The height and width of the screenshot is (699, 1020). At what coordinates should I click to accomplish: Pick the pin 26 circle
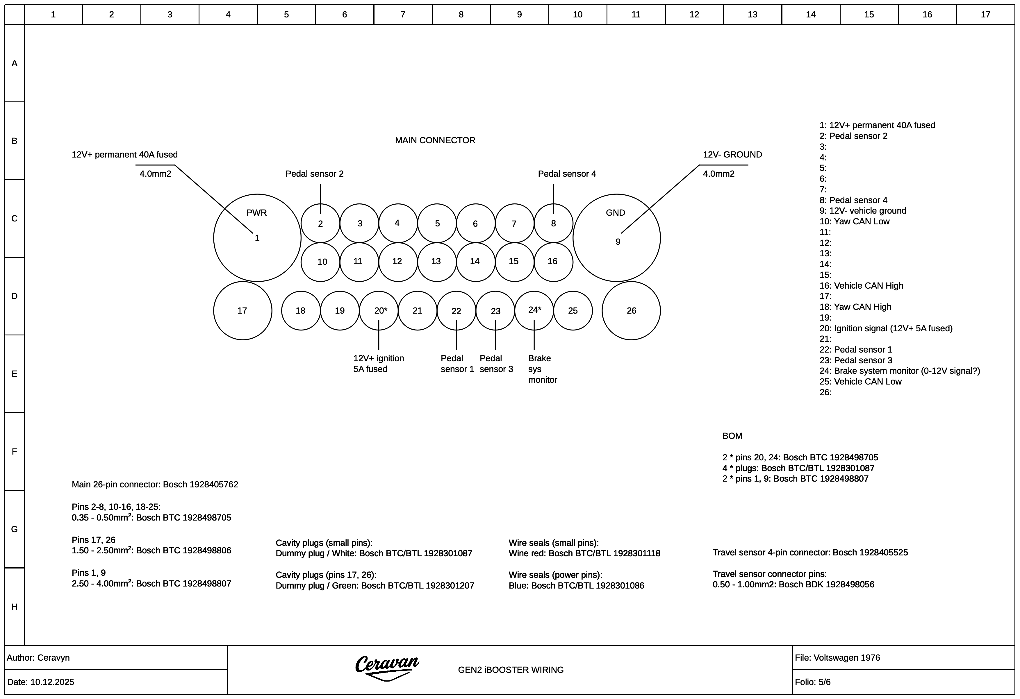(631, 311)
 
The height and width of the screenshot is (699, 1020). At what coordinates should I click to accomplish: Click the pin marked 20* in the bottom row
(379, 311)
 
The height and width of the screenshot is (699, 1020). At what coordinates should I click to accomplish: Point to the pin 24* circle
(534, 311)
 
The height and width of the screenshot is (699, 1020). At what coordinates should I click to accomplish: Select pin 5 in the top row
(437, 223)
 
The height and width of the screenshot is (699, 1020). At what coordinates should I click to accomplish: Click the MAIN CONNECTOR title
(435, 140)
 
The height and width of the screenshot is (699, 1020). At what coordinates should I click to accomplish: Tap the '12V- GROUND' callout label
(732, 154)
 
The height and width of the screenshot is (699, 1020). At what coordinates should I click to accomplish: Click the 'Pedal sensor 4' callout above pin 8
(567, 174)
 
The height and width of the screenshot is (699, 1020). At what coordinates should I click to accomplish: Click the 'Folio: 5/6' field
(812, 682)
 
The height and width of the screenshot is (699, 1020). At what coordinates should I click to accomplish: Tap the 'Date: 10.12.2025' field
(41, 682)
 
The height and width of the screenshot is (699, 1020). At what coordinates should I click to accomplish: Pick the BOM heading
(732, 436)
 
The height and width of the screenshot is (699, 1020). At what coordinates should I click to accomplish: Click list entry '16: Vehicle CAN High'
(861, 286)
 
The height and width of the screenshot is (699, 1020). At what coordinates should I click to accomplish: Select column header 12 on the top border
(694, 15)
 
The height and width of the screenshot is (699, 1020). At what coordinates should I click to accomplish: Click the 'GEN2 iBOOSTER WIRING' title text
(511, 670)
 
